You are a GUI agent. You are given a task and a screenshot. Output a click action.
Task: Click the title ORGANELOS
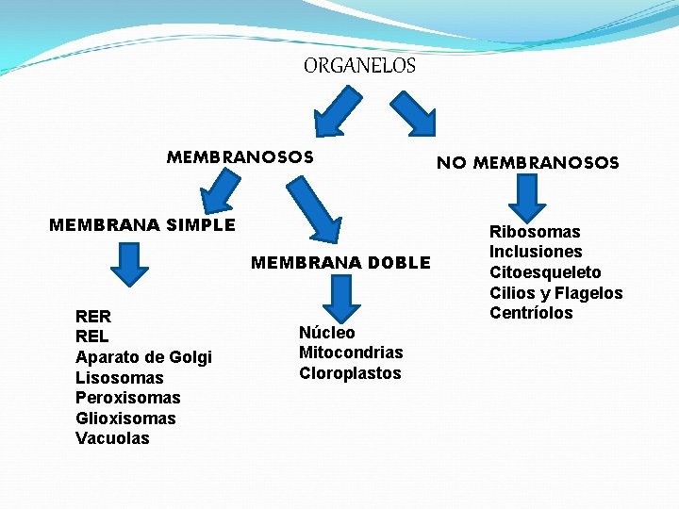click(359, 66)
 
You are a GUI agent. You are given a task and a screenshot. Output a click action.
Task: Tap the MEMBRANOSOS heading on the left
click(240, 156)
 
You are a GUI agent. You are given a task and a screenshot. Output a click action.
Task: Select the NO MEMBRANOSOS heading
click(527, 163)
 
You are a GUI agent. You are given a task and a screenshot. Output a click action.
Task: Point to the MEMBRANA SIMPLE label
click(141, 225)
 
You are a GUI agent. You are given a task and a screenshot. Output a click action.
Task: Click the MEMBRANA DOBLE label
click(340, 263)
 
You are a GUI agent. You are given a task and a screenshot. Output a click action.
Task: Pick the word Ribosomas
click(535, 232)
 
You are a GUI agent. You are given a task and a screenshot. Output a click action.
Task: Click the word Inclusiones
click(536, 252)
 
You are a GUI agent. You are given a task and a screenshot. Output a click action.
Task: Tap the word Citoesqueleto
click(545, 272)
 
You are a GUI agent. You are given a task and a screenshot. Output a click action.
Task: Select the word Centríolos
click(531, 313)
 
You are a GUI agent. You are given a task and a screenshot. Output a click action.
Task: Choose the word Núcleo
click(327, 333)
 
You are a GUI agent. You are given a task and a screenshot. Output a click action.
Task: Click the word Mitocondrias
click(351, 353)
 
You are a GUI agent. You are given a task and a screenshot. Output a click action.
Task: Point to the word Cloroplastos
click(350, 373)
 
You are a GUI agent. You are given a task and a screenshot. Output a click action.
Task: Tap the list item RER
click(93, 317)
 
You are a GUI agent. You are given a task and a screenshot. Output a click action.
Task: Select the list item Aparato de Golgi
click(143, 357)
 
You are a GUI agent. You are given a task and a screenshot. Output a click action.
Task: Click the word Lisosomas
click(119, 378)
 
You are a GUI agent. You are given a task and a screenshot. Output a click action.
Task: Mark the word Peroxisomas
click(127, 398)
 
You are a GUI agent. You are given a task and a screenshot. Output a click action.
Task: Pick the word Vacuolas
click(112, 438)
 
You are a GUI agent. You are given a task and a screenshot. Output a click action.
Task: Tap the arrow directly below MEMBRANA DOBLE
click(342, 297)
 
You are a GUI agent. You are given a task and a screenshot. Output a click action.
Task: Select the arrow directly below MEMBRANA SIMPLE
click(130, 263)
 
